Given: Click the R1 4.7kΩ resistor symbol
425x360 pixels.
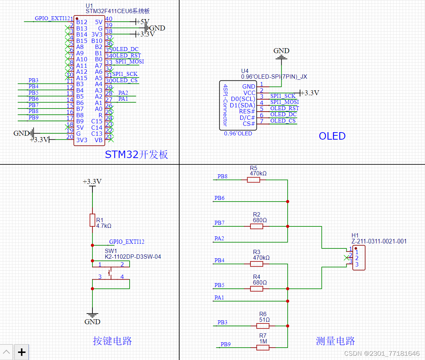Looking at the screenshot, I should tap(92, 220).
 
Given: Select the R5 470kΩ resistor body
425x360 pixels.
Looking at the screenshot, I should tap(254, 180).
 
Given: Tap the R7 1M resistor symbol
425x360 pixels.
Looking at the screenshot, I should tap(263, 348).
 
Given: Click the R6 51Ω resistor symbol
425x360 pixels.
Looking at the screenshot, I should tap(263, 326).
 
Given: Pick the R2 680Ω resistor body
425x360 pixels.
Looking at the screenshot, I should tap(257, 226).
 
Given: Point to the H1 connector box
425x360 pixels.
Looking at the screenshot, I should tap(359, 258).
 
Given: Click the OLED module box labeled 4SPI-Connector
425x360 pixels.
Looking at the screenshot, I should tap(238, 105).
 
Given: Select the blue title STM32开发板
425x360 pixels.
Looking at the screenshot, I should tap(136, 154).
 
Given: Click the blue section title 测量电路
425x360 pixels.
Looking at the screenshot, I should tap(335, 341).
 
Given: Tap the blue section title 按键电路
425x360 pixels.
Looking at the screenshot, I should tap(112, 341).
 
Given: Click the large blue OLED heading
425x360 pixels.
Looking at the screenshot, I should tap(332, 136).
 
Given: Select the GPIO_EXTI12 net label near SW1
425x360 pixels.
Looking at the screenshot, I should tap(126, 242).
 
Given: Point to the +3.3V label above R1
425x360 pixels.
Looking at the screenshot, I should tap(92, 182).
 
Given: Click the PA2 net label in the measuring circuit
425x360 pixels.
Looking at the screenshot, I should tap(219, 238).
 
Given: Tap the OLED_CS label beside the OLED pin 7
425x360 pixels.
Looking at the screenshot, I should tap(283, 121).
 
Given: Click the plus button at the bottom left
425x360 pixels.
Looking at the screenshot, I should tap(22, 352).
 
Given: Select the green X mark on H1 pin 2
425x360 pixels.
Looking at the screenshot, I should tap(347, 258).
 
